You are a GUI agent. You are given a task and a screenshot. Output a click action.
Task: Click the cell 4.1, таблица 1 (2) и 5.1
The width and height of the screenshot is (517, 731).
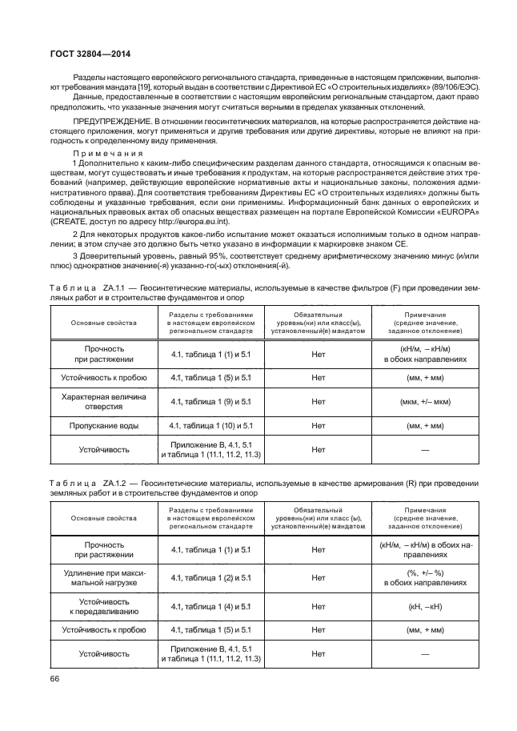[211, 577]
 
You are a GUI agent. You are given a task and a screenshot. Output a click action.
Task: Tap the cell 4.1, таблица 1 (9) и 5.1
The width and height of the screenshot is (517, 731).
[211, 401]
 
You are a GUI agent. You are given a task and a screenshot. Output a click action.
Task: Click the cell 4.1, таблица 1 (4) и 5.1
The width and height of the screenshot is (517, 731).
[211, 607]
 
